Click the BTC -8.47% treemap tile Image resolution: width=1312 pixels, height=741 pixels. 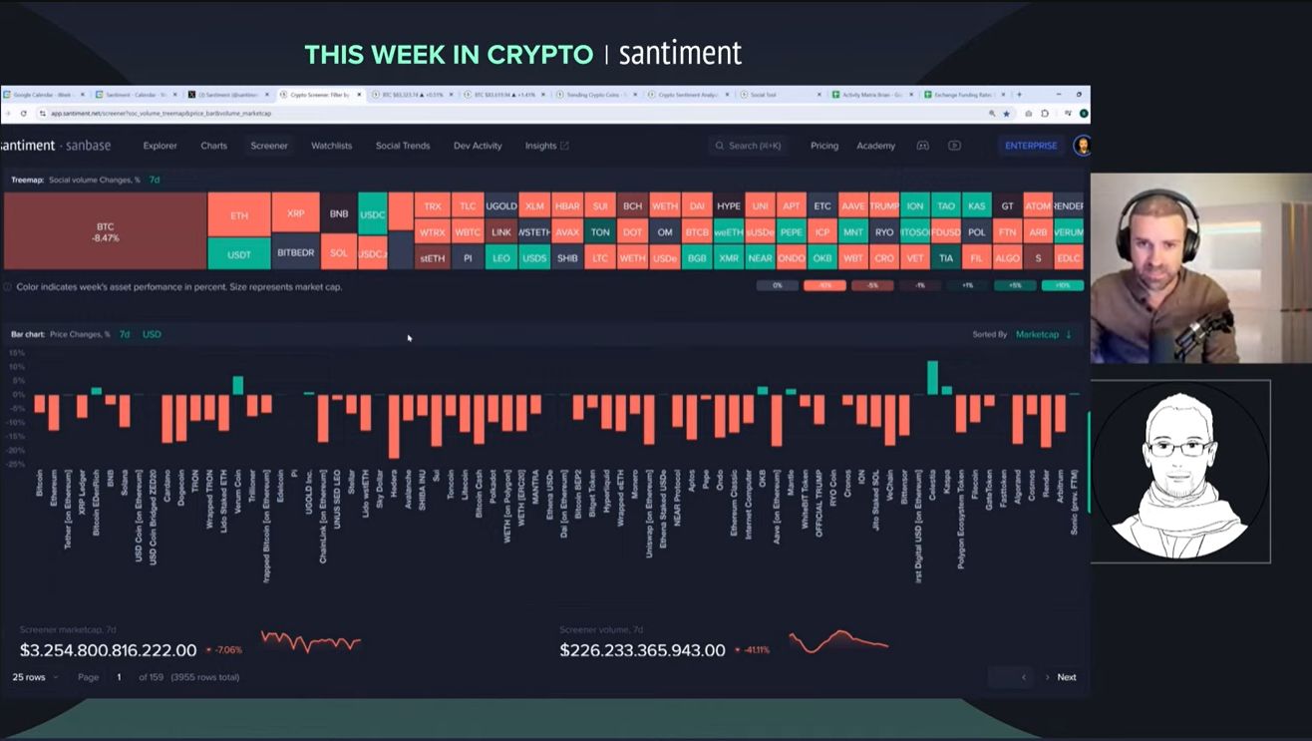pos(105,231)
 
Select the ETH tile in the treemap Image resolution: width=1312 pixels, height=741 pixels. pos(239,215)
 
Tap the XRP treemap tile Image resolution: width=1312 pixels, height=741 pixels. pos(295,213)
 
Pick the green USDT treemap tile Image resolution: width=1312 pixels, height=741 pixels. pos(239,254)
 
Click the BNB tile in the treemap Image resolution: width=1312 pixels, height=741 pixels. pos(339,213)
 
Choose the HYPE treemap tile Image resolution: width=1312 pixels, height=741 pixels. pos(729,206)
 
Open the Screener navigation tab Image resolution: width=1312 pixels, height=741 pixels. pos(269,146)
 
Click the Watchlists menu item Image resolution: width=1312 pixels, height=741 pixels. pos(331,146)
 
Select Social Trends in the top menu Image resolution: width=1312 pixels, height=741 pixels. pos(403,146)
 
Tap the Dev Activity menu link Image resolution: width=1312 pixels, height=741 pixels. pos(478,146)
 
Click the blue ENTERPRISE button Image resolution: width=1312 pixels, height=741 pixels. pos(1031,146)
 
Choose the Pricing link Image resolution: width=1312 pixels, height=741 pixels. pos(824,146)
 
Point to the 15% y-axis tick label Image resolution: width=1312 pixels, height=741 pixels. pos(16,353)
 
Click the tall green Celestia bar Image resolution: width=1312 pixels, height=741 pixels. pos(933,378)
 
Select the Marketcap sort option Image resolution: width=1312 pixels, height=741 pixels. pos(1037,334)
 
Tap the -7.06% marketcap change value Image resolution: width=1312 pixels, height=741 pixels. pos(228,650)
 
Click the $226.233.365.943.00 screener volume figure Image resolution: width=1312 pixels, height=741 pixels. pos(642,650)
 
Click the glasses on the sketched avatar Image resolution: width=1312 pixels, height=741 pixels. pos(1179,448)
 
